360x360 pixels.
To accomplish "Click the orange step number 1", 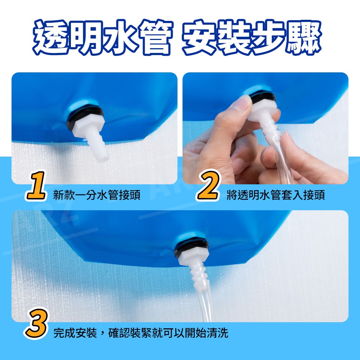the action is tap(36, 185).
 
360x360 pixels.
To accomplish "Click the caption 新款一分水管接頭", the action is tap(96, 195).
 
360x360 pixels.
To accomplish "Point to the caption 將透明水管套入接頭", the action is tap(276, 195).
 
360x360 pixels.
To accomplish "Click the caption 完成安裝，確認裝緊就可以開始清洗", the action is tap(141, 333).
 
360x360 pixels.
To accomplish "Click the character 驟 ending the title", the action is tap(303, 37).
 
